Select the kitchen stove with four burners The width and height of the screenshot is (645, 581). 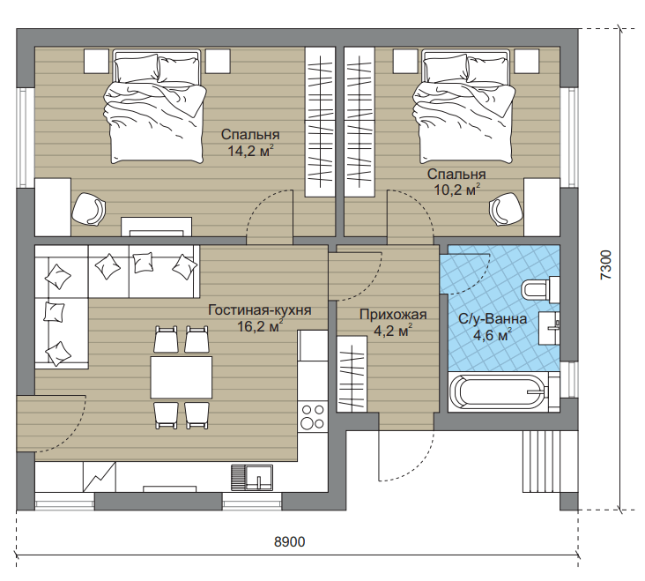tap(312, 416)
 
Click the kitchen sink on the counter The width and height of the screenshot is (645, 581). tap(252, 477)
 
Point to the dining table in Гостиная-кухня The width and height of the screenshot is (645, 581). tap(182, 377)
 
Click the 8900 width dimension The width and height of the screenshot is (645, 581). tap(290, 541)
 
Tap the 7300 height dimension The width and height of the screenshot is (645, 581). tap(606, 265)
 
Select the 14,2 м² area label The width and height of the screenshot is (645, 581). tap(250, 151)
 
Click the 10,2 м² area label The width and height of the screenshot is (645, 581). tap(457, 190)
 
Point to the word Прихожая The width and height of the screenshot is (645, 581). tap(393, 315)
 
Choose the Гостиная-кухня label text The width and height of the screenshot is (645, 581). tap(260, 309)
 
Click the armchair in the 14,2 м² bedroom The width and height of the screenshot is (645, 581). tap(89, 209)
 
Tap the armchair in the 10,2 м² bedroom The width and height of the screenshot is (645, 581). tap(506, 209)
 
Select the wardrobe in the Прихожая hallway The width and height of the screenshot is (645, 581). tap(352, 374)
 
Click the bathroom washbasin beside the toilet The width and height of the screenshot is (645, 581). tap(549, 328)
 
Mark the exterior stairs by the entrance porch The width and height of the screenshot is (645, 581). tap(541, 462)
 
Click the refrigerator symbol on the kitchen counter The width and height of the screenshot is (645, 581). tap(100, 476)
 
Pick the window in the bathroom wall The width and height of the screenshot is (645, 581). tap(569, 379)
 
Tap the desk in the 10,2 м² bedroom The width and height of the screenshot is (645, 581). tap(542, 207)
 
